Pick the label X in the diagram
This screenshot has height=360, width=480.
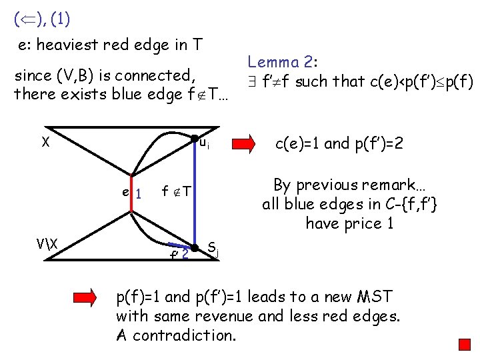point(45,141)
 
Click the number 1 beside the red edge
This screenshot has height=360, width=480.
point(139,195)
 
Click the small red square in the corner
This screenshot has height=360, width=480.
point(465,344)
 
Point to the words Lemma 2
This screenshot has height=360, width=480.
point(283,63)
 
